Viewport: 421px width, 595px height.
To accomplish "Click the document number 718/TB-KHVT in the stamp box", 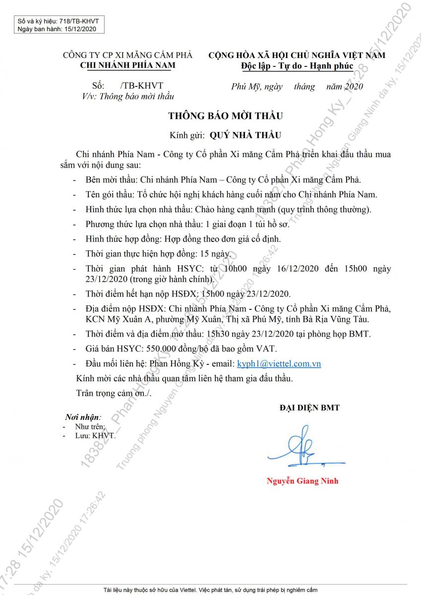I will [x=79, y=21].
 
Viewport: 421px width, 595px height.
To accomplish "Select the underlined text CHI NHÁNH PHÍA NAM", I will [x=127, y=65].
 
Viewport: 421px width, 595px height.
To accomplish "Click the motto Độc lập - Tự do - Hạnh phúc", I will [x=297, y=65].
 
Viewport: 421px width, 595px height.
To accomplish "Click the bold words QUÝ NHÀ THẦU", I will [x=245, y=134].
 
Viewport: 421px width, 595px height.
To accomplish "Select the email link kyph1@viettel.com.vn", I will [x=279, y=363].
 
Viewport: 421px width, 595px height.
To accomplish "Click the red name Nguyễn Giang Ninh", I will [x=302, y=481].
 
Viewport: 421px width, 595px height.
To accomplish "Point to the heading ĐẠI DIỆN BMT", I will [x=309, y=408].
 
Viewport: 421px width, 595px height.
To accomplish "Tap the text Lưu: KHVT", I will [x=95, y=435].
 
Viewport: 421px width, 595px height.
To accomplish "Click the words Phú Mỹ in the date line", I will [x=245, y=86].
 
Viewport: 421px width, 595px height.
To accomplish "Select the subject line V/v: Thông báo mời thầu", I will [x=128, y=96].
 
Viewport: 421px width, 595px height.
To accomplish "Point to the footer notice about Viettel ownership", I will [x=210, y=590].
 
